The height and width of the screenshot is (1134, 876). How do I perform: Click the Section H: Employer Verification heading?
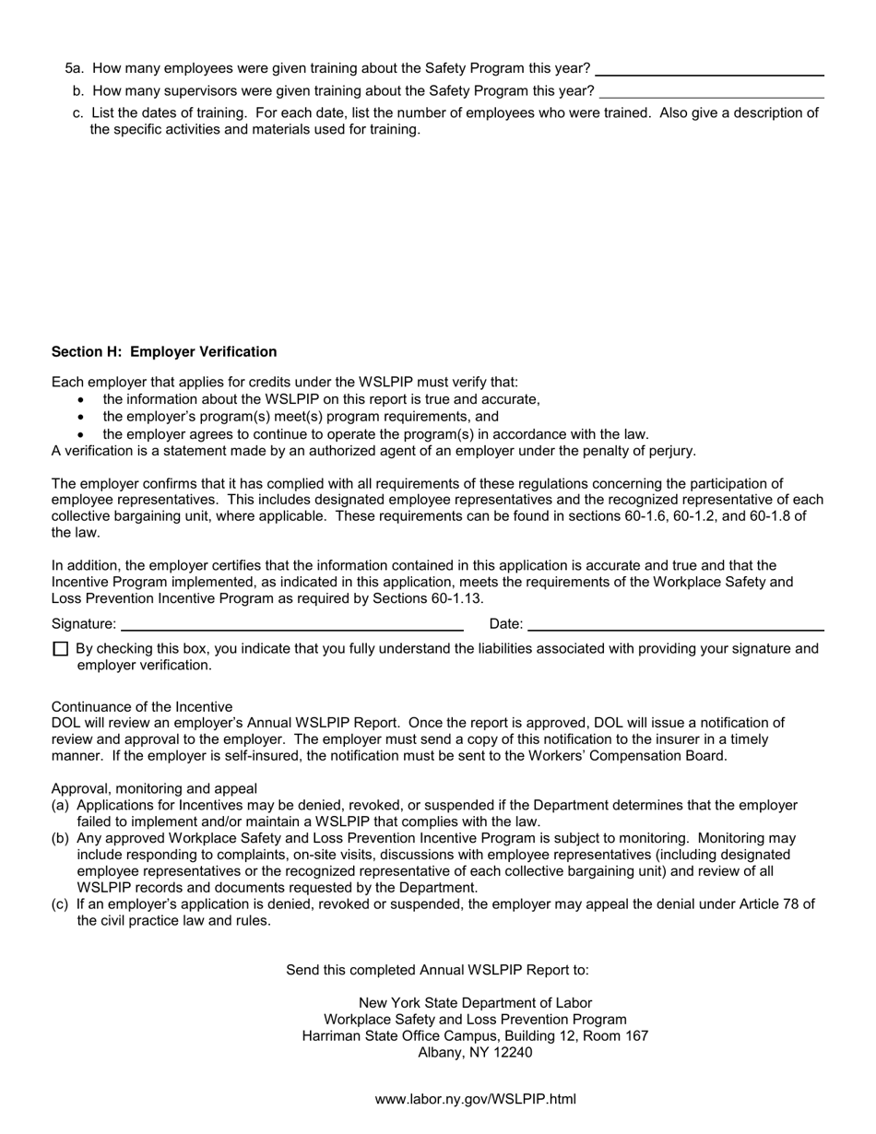click(x=164, y=352)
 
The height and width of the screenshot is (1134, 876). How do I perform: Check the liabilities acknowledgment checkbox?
click(x=61, y=649)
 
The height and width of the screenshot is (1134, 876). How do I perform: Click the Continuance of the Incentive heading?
click(x=142, y=707)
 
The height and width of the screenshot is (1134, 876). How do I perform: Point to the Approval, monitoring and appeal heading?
click(x=154, y=789)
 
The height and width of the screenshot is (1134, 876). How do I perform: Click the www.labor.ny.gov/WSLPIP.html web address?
click(x=475, y=1099)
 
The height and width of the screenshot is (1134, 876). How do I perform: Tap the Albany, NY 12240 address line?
click(x=475, y=1053)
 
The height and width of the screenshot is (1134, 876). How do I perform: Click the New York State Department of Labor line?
click(x=475, y=1003)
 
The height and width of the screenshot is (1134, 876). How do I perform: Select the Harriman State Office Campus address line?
click(x=475, y=1036)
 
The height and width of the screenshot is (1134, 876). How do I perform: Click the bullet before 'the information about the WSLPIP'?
click(x=82, y=400)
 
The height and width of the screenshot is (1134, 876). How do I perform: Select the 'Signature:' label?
click(x=84, y=624)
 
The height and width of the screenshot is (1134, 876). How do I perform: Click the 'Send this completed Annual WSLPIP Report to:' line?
click(x=437, y=970)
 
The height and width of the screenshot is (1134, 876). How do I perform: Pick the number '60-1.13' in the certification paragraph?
click(x=458, y=598)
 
